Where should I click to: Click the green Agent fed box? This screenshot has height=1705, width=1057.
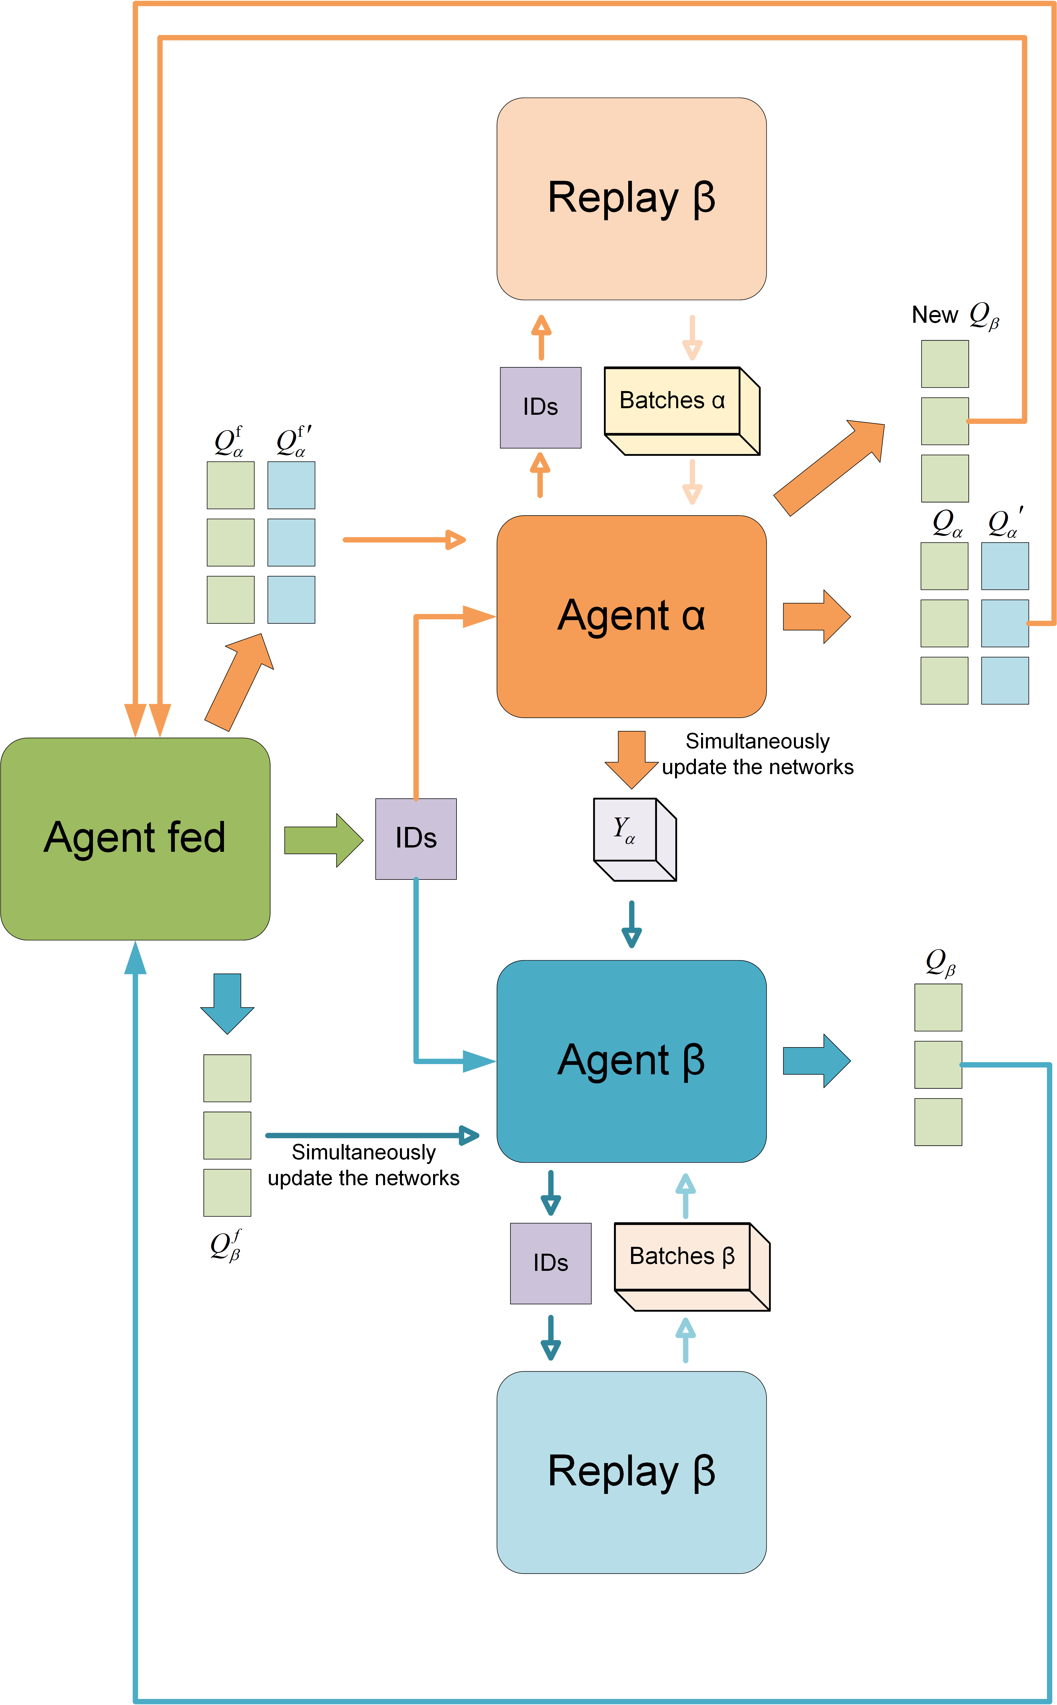point(135,839)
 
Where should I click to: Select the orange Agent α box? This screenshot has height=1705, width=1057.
point(631,616)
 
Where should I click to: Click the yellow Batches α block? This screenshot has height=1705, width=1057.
point(682,411)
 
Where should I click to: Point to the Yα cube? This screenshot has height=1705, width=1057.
point(635,839)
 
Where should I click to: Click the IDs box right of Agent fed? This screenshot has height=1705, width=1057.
point(416,839)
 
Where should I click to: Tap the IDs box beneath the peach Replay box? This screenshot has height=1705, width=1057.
point(540,407)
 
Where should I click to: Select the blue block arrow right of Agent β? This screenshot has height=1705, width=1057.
point(816,1061)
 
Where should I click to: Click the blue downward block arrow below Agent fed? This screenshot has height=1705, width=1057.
point(227,1003)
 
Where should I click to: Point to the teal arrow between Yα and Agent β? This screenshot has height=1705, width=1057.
point(631,924)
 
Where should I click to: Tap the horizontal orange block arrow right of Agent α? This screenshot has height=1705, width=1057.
point(816,616)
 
